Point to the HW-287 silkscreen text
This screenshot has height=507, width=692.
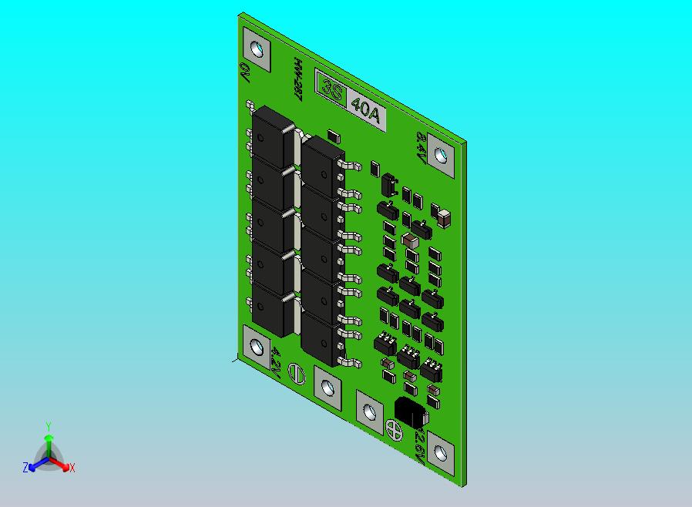[296, 79]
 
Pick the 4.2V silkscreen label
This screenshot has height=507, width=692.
[276, 360]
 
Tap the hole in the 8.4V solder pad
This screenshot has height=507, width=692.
[442, 156]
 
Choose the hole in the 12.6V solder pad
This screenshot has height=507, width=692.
[442, 452]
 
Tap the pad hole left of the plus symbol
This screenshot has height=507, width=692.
[369, 411]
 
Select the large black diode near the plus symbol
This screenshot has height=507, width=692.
[409, 413]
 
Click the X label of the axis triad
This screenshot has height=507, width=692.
[72, 468]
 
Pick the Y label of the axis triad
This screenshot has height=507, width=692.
[49, 426]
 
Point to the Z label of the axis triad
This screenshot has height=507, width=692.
[25, 468]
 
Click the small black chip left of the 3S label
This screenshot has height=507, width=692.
[334, 136]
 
